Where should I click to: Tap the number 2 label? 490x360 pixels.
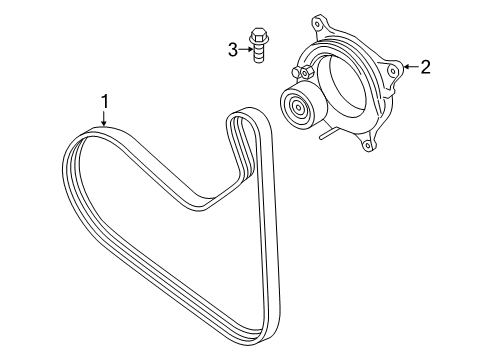coord(425,67)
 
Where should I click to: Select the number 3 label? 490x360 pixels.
coord(232,49)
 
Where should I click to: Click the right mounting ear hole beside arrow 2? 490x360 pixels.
coord(395,69)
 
